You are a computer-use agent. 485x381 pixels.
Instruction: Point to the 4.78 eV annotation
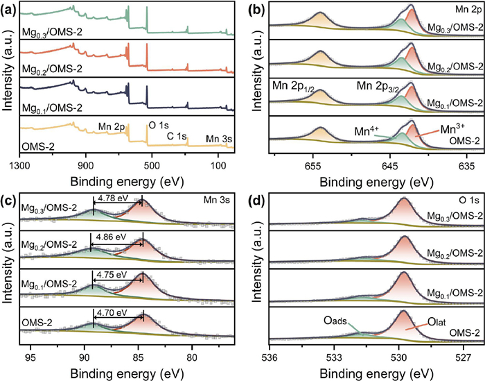113,198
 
